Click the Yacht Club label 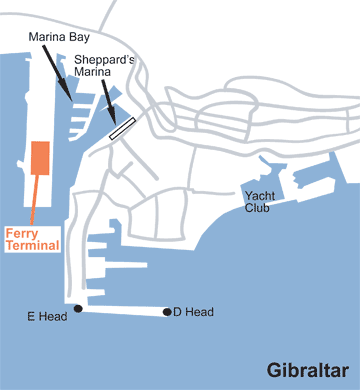click(259, 201)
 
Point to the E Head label click(45, 318)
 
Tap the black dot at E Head click(78, 308)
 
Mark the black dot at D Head click(167, 313)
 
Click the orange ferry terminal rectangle click(40, 157)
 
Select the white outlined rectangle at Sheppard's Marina click(122, 128)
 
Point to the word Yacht click(259, 195)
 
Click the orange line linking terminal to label click(35, 200)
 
